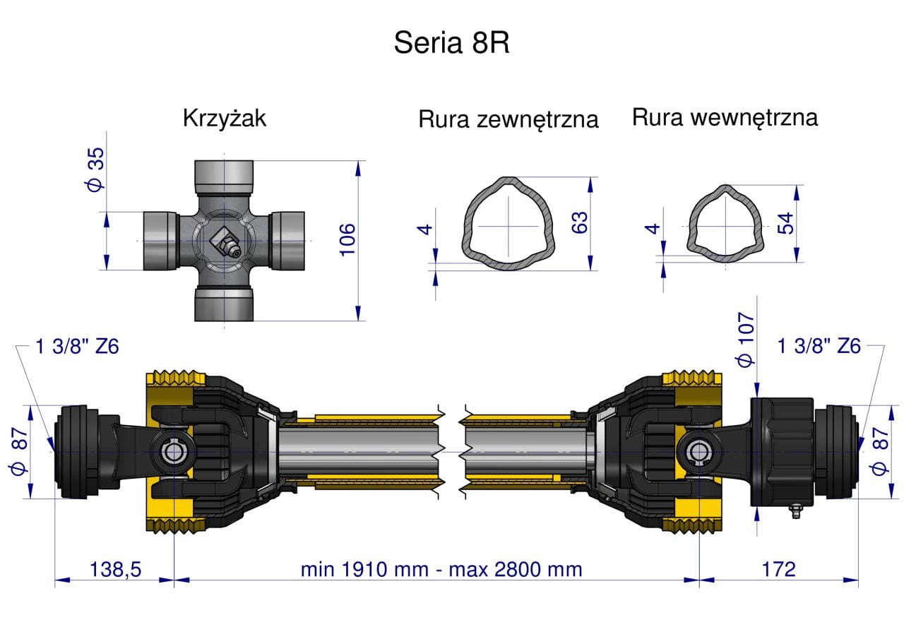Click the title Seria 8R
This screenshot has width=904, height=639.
pyautogui.click(x=451, y=43)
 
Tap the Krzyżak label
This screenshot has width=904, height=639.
pyautogui.click(x=225, y=118)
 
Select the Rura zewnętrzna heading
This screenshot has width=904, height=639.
pyautogui.click(x=508, y=119)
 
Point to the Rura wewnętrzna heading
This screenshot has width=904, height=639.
pyautogui.click(x=725, y=117)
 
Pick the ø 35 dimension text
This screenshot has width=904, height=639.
pyautogui.click(x=96, y=169)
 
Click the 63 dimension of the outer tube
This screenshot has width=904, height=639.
pyautogui.click(x=579, y=223)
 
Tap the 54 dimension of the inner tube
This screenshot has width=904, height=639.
pyautogui.click(x=785, y=224)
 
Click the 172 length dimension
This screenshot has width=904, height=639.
pyautogui.click(x=779, y=569)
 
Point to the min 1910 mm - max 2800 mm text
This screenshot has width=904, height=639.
pyautogui.click(x=441, y=569)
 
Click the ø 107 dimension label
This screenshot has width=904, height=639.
pyautogui.click(x=746, y=340)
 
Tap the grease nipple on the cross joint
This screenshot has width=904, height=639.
pyautogui.click(x=227, y=243)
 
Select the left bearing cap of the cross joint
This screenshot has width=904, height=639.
pyautogui.click(x=160, y=240)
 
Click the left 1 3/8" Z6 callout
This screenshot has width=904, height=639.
pyautogui.click(x=78, y=347)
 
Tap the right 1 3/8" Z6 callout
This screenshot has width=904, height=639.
pyautogui.click(x=819, y=347)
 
